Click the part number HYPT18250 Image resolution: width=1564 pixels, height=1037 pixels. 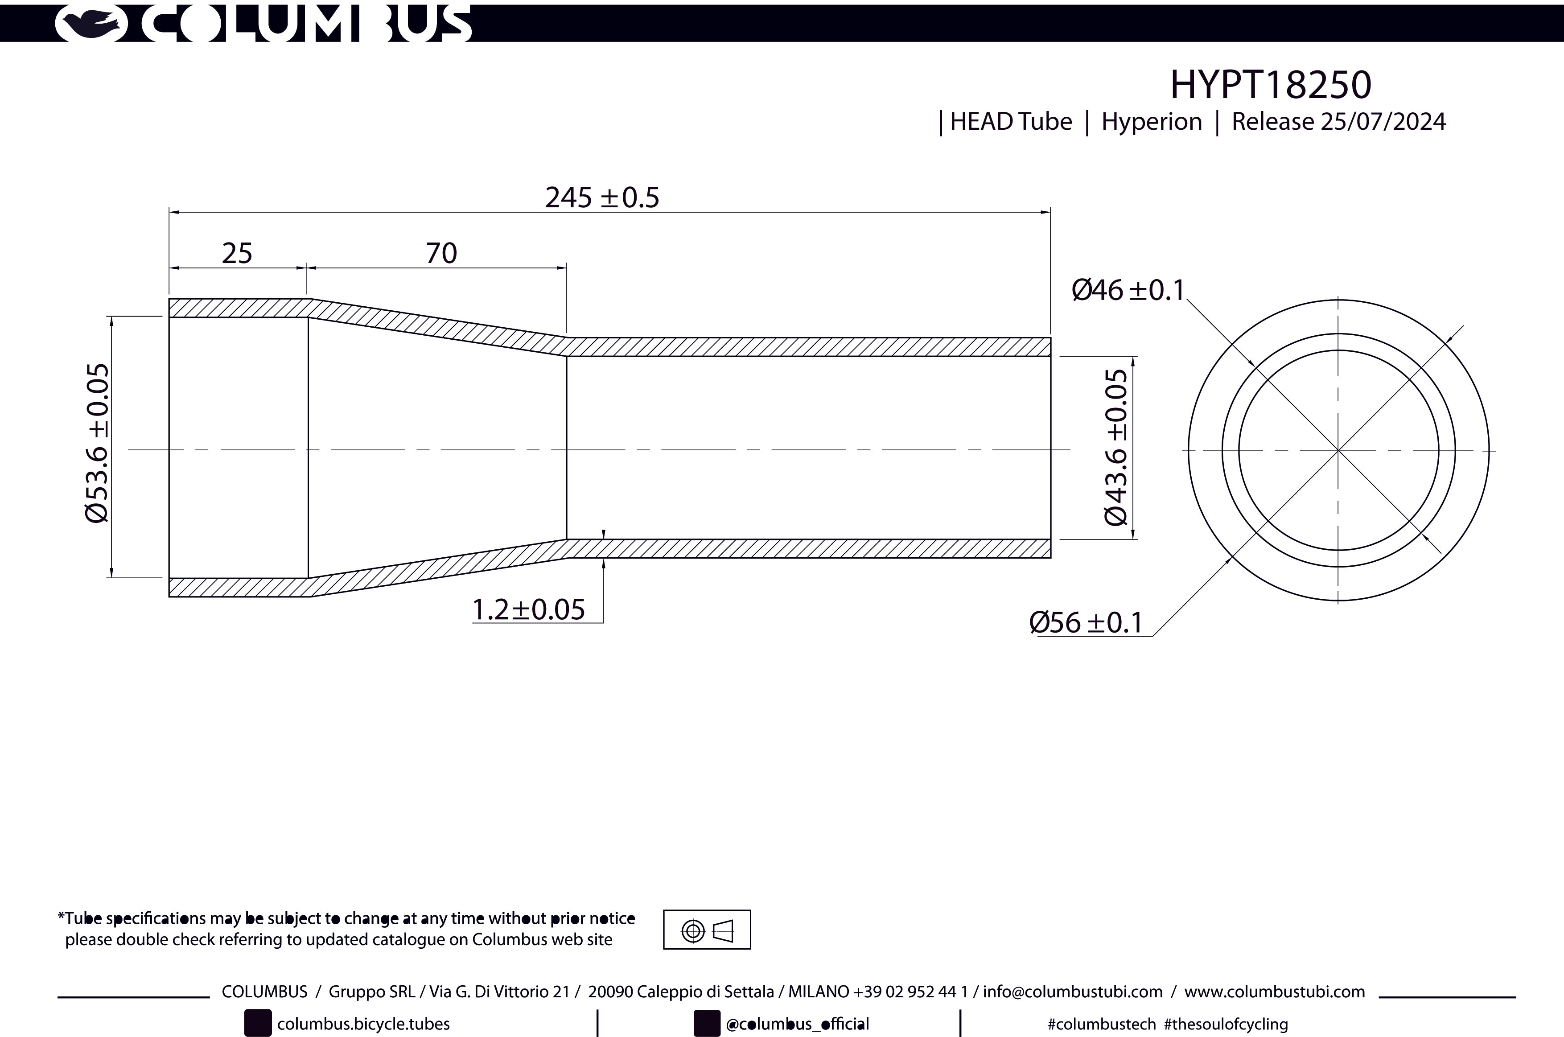(1270, 85)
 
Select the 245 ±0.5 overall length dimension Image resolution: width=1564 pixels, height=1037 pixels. (602, 197)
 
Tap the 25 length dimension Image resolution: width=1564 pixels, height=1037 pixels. (237, 253)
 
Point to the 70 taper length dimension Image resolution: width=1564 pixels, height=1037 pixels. (441, 253)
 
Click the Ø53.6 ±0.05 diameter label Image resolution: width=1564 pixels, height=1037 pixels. (97, 443)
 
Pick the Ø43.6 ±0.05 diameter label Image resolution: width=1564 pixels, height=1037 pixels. (1116, 447)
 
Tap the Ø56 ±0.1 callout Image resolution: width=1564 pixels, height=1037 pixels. (1086, 623)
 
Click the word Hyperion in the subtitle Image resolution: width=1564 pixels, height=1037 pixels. (1151, 122)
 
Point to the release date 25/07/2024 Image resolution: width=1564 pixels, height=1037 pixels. (1383, 122)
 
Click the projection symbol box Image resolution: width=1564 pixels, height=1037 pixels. (707, 930)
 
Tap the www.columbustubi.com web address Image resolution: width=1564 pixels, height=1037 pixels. (1274, 992)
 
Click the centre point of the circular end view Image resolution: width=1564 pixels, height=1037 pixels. (1338, 450)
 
